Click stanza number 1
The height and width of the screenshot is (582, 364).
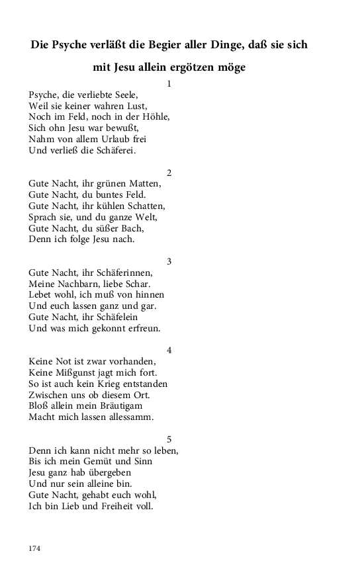pyautogui.click(x=169, y=84)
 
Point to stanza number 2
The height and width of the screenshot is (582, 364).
pyautogui.click(x=169, y=173)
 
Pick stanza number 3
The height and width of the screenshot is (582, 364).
pyautogui.click(x=169, y=262)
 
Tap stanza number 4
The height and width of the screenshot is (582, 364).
pyautogui.click(x=169, y=351)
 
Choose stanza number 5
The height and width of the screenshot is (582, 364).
pyautogui.click(x=169, y=439)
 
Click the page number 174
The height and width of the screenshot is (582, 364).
pyautogui.click(x=35, y=548)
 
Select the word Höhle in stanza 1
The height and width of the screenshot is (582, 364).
pyautogui.click(x=155, y=117)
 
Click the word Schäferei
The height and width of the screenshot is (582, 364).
pyautogui.click(x=111, y=151)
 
